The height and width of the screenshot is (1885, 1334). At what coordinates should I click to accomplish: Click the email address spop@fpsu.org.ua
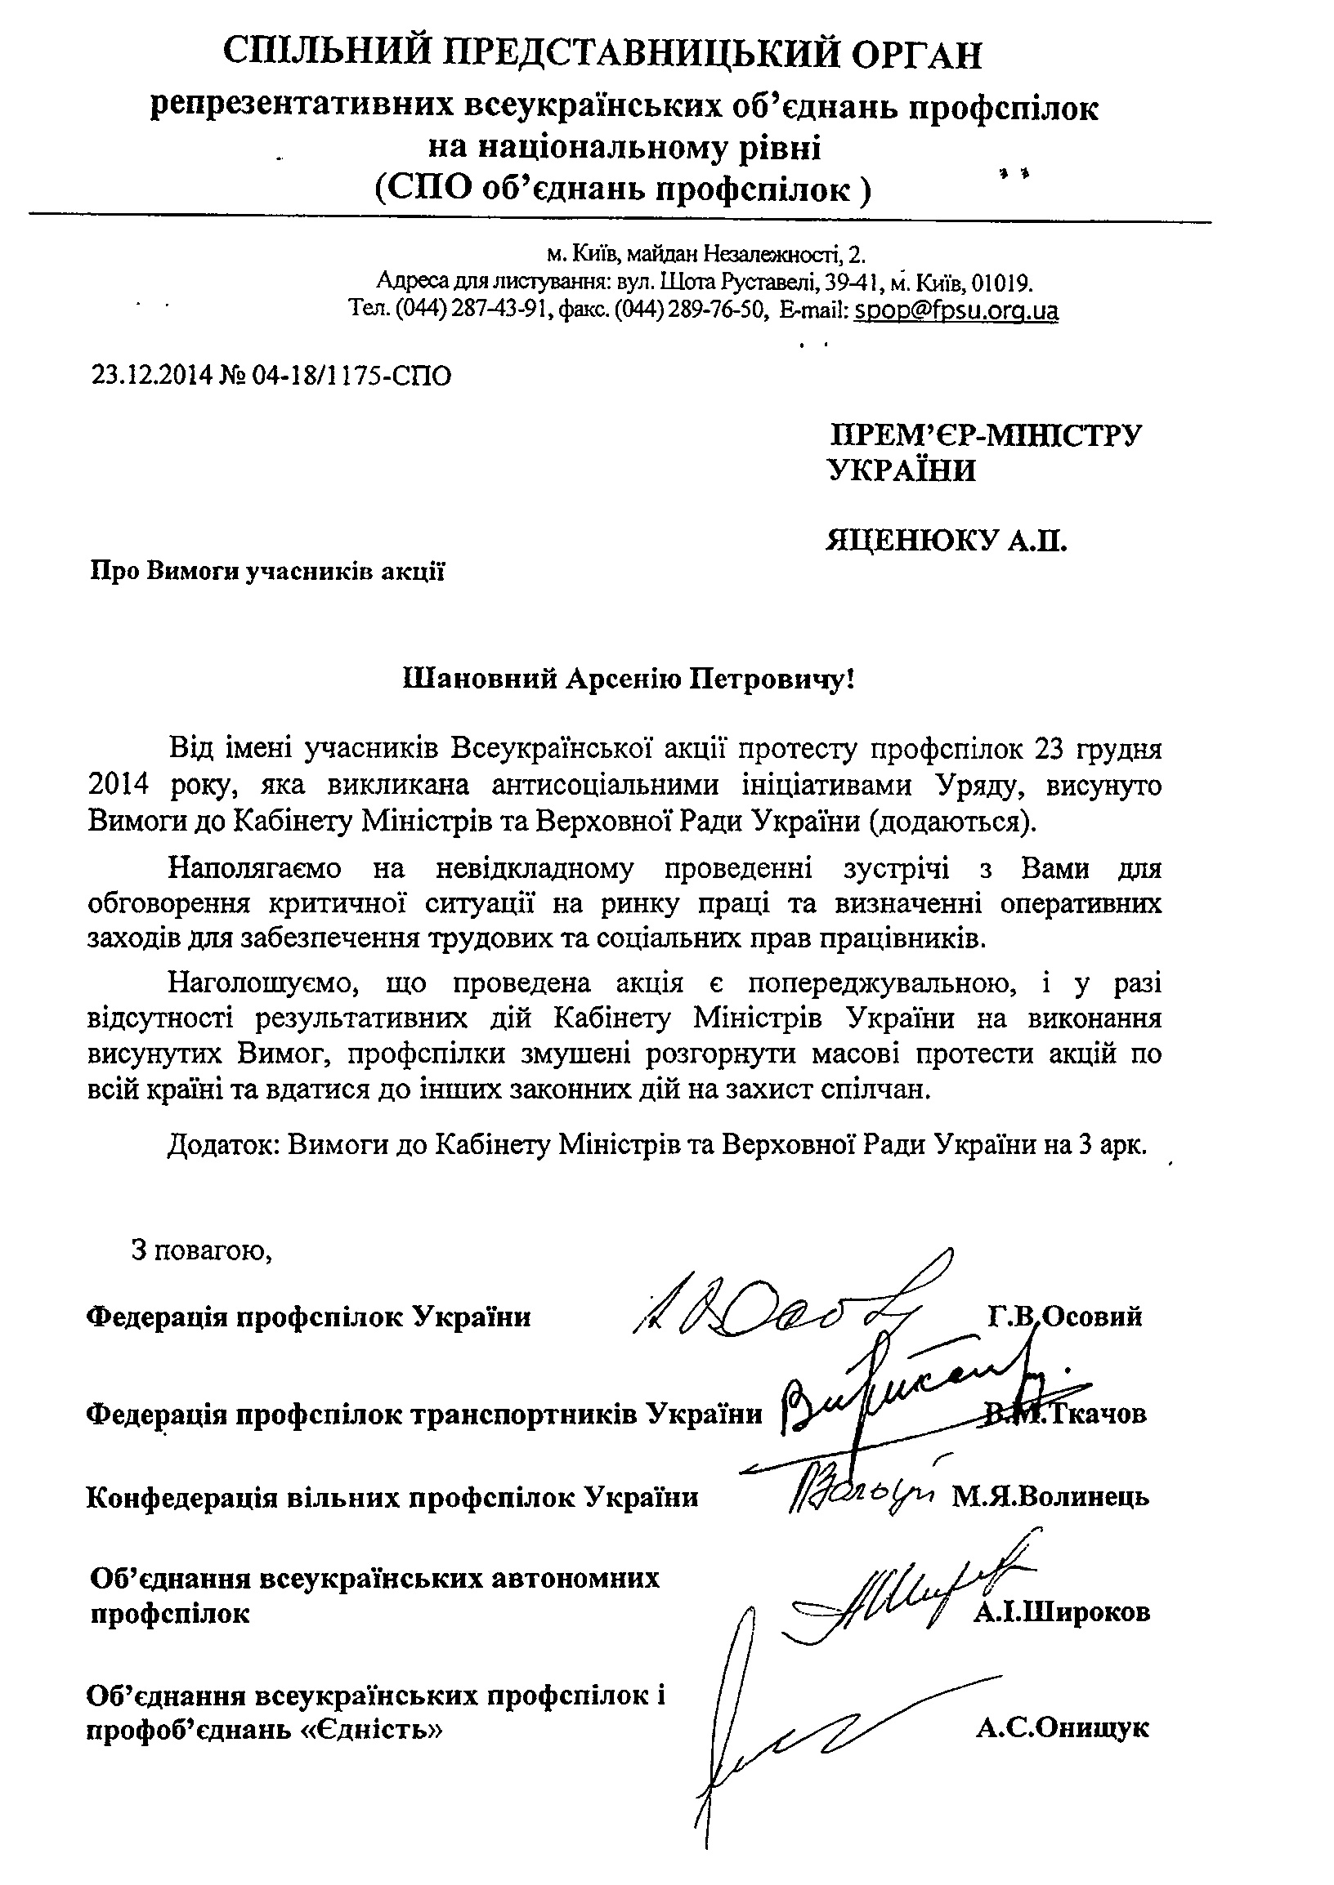click(956, 311)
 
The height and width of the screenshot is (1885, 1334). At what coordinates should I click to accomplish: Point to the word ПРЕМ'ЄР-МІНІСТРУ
click(986, 435)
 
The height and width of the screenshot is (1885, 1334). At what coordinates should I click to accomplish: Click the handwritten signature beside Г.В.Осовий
click(772, 1305)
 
